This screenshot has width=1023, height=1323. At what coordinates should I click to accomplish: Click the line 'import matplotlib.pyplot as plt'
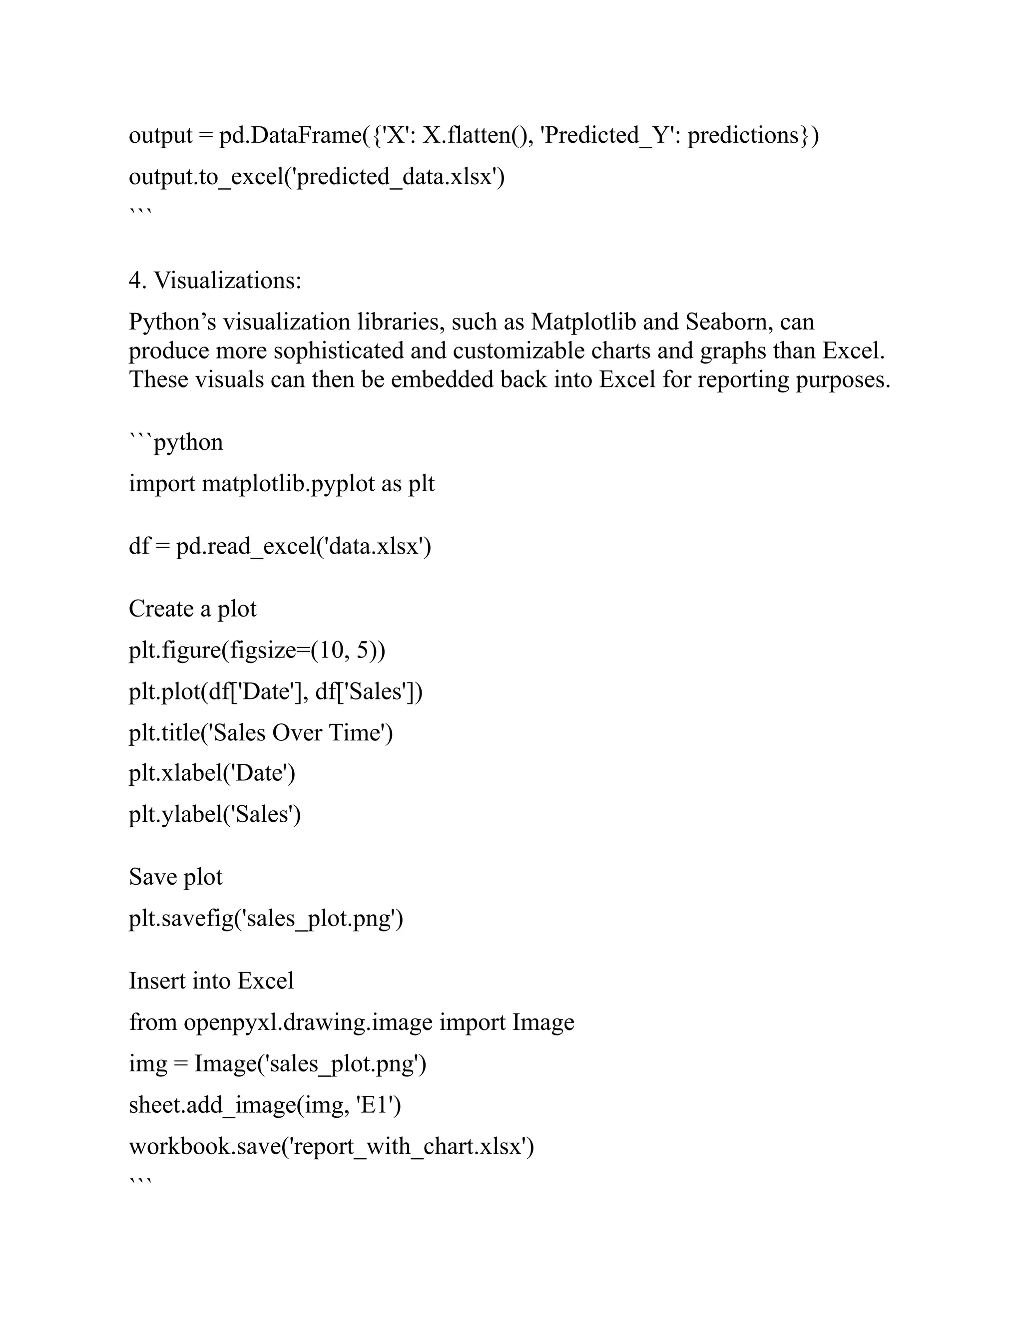(281, 484)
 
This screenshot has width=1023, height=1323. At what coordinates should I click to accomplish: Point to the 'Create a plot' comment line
(192, 609)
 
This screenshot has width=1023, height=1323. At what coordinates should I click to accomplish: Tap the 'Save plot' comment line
(175, 877)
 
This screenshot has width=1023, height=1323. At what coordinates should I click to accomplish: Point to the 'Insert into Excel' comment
(211, 981)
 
